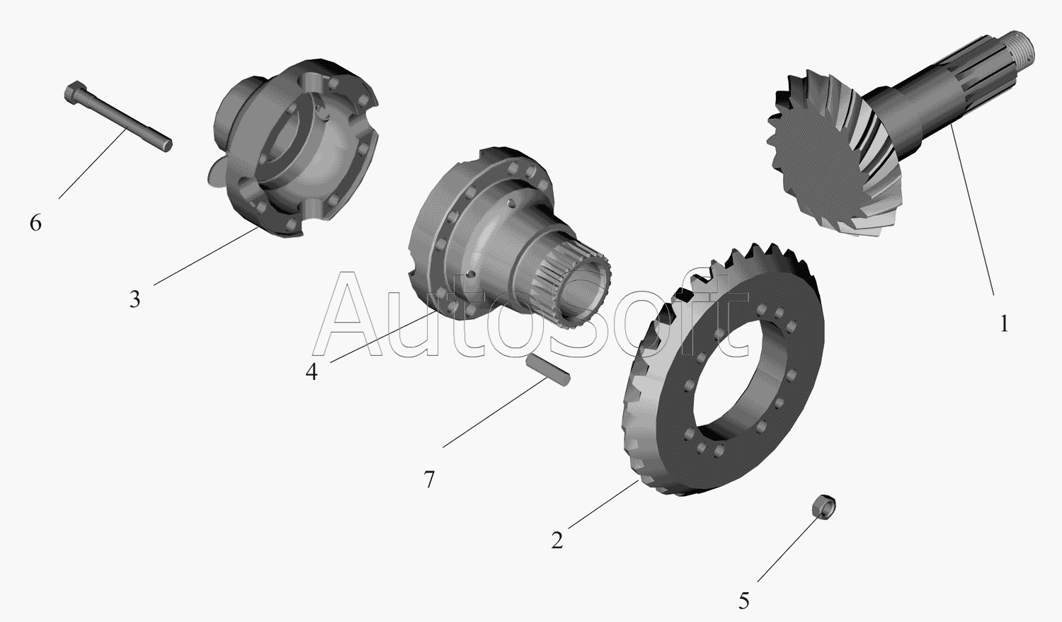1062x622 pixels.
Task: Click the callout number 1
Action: tap(1004, 325)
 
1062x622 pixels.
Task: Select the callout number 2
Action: tap(556, 540)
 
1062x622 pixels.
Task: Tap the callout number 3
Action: tap(135, 299)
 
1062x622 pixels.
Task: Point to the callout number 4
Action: tap(312, 372)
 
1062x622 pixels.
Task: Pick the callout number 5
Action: tap(744, 601)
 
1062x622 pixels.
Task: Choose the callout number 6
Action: tap(35, 223)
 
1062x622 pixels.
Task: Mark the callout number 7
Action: tap(429, 480)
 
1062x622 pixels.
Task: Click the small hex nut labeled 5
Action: tap(824, 507)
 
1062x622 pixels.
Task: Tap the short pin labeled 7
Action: tap(547, 371)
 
